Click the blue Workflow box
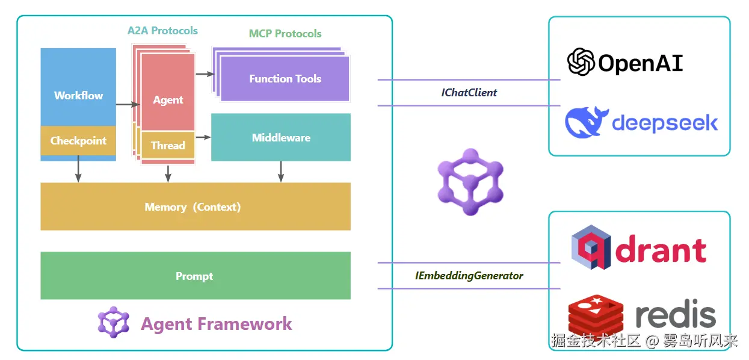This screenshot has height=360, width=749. (x=78, y=87)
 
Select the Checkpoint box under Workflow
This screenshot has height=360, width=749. (x=78, y=141)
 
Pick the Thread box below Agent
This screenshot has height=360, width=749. (x=168, y=145)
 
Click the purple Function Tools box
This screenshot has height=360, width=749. (x=285, y=79)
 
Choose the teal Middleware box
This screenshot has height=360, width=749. (x=281, y=137)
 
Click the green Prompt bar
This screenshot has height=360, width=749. (x=195, y=276)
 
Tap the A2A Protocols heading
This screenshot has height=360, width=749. (x=162, y=30)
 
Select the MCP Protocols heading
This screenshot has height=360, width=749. (x=285, y=34)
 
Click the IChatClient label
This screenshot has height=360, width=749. (x=469, y=93)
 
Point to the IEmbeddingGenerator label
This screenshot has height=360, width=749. (x=469, y=276)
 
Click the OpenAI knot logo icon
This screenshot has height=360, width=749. (x=581, y=62)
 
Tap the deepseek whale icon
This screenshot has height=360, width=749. (x=586, y=122)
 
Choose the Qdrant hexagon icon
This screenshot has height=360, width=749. (x=591, y=247)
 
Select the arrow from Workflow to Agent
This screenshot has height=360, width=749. (x=125, y=105)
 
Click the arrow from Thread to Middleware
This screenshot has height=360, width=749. (x=203, y=137)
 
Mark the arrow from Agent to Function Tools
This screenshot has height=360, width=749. (x=205, y=74)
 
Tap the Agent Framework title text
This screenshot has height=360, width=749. (x=216, y=324)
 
